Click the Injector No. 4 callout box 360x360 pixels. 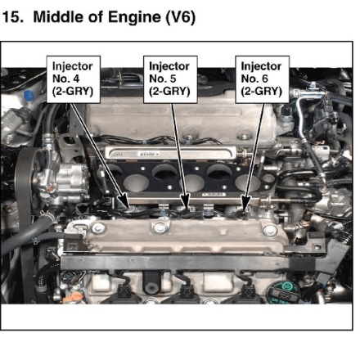[74, 79]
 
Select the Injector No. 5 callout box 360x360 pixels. [170, 79]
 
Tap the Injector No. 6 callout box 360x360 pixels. [262, 79]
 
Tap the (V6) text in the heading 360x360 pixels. [180, 17]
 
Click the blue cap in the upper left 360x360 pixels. [29, 96]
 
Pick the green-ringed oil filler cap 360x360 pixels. [283, 293]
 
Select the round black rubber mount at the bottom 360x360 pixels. [151, 284]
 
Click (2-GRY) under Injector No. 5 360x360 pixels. [169, 92]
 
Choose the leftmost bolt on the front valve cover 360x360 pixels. [97, 228]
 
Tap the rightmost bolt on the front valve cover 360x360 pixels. [270, 231]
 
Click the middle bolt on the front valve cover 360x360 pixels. [160, 228]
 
